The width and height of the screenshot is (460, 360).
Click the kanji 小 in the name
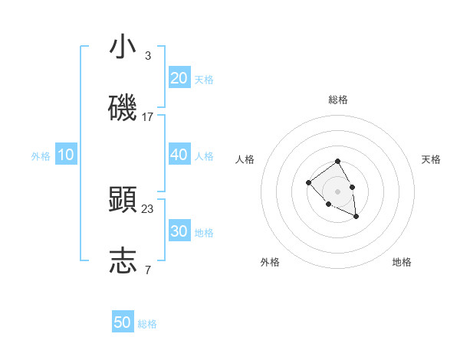123,47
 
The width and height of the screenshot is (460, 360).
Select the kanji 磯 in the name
123,109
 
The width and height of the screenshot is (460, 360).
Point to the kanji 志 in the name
123,261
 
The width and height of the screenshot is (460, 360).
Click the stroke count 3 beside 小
148,55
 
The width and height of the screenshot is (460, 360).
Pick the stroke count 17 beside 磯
148,117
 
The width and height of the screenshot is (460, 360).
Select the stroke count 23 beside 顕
148,208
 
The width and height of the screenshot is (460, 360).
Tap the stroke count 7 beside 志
148,270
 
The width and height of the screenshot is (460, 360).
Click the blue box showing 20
179,78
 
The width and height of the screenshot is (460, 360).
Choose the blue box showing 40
179,155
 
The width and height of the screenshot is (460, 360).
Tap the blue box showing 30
179,231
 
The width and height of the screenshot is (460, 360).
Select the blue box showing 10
66,155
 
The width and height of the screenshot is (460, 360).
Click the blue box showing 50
123,322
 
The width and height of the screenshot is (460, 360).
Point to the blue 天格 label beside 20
204,80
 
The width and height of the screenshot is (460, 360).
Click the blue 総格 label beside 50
147,324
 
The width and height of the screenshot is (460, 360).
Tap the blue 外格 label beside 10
41,156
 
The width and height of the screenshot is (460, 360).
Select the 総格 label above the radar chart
338,100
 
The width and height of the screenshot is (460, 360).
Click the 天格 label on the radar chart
431,159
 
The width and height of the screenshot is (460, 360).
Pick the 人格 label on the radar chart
245,159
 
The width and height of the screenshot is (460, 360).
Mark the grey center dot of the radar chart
338,191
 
